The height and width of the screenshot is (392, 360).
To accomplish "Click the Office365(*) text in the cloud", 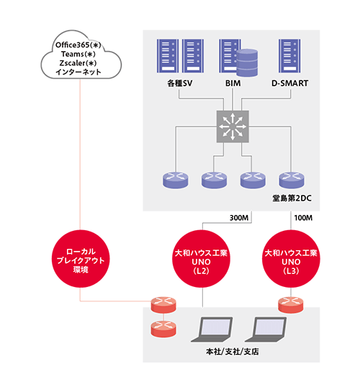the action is click(x=78, y=45).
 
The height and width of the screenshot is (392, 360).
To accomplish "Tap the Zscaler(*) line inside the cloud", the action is click(x=78, y=63).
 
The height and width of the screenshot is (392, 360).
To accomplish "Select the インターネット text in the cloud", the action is click(x=78, y=72).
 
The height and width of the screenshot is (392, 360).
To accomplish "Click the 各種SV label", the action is click(x=180, y=83).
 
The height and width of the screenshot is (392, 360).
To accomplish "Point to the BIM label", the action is click(x=233, y=83).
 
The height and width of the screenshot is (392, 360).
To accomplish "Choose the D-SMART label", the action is click(x=289, y=83).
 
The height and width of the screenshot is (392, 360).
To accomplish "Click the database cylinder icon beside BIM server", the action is click(x=247, y=63).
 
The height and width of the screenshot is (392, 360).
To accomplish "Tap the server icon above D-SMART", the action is click(x=289, y=56).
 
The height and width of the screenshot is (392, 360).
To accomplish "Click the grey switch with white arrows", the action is click(x=233, y=127).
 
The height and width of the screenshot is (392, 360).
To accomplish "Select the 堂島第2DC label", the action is click(x=292, y=199).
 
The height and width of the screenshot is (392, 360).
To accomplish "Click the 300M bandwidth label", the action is click(x=239, y=218).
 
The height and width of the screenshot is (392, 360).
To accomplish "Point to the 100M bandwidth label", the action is click(x=303, y=218).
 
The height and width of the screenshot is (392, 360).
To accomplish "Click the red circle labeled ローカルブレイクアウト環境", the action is click(x=81, y=259).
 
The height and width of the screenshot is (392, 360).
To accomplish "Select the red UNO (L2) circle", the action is click(x=201, y=259).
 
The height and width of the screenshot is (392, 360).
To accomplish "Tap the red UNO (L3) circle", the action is click(x=291, y=259).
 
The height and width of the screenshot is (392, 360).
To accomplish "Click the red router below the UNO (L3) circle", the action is click(x=291, y=305).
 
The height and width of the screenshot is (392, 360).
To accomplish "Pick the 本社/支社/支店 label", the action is click(x=233, y=352).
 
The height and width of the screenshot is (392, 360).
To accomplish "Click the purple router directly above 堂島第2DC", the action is click(x=292, y=180).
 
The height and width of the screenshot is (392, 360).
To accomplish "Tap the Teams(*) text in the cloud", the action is click(x=78, y=54).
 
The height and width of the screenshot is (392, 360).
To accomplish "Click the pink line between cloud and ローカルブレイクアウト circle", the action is click(x=80, y=155).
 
